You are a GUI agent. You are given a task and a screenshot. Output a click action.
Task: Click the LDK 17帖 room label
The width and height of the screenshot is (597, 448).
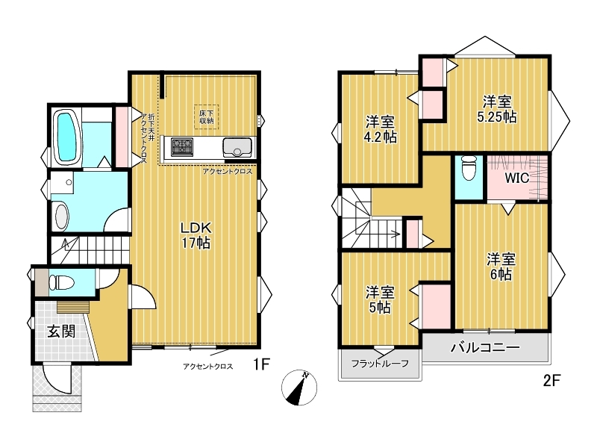(196, 235)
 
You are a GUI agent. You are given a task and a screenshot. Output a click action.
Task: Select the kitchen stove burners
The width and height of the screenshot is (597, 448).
(181, 147)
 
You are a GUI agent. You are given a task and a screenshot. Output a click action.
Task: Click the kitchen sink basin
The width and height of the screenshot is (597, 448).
(237, 147)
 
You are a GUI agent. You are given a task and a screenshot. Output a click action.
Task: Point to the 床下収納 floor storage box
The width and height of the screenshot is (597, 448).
(207, 116)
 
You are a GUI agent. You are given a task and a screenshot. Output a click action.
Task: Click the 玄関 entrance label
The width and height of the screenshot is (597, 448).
(61, 332)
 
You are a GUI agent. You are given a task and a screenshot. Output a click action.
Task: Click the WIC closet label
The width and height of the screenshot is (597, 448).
(516, 178)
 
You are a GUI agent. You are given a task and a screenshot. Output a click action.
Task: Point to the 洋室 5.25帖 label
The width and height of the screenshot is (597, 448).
(497, 109)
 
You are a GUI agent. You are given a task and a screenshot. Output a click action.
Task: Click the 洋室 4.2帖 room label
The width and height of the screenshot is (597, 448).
(380, 129)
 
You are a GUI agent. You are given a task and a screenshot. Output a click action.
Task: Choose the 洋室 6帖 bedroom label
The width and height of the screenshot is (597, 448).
(501, 267)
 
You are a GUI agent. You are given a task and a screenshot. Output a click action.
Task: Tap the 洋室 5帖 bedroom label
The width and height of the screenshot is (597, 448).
(380, 300)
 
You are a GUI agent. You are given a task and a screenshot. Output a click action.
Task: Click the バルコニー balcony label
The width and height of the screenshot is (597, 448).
(485, 347)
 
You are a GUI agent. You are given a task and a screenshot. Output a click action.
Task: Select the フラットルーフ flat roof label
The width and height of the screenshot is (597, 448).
(380, 364)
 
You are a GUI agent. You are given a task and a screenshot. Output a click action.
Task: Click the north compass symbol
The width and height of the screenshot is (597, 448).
(299, 388)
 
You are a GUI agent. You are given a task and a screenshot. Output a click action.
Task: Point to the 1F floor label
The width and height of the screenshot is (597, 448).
(262, 364)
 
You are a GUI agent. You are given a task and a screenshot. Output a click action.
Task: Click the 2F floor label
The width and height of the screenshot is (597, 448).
(551, 381)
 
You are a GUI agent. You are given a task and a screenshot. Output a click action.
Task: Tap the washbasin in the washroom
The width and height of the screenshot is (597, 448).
(62, 217)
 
